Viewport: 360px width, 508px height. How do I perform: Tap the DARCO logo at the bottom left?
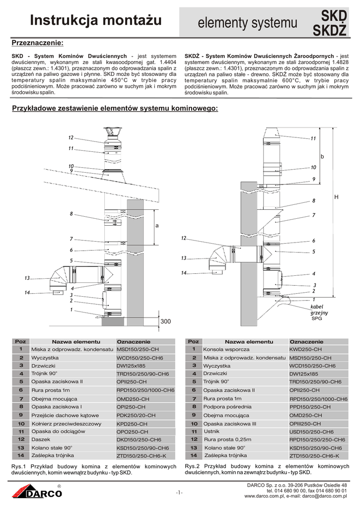(x=38, y=493)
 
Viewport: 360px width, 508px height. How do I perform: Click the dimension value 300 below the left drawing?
(x=166, y=322)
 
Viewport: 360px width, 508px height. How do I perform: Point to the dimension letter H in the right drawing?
(x=336, y=197)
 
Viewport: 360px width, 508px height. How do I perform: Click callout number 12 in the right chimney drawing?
(x=183, y=239)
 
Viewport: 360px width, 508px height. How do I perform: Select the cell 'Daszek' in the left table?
(x=40, y=440)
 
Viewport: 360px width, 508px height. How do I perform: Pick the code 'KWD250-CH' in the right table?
(x=305, y=350)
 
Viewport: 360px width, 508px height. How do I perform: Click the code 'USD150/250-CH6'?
(x=314, y=432)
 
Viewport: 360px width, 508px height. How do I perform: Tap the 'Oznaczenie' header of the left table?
(x=133, y=342)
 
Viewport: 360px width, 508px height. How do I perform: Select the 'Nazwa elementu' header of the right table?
(x=249, y=342)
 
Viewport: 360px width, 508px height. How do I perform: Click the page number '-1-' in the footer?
(x=179, y=492)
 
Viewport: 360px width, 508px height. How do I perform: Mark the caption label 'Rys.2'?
(x=192, y=466)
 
